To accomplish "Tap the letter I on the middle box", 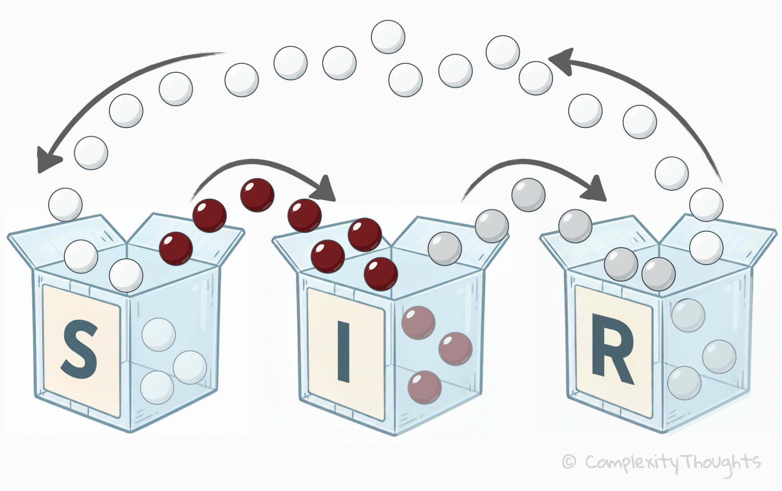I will [343, 353].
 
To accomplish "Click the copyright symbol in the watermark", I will [568, 462].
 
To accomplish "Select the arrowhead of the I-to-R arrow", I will [597, 189].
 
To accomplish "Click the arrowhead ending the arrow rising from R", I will [561, 60].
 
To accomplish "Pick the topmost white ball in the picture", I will [388, 37].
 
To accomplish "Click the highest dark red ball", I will [257, 195].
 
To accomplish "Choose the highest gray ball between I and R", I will [528, 195].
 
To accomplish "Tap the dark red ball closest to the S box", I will [176, 249].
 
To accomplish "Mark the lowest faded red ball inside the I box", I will [424, 387].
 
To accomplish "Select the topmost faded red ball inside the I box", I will [418, 322].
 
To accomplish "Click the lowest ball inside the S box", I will [157, 387].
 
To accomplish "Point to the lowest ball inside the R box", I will [684, 383].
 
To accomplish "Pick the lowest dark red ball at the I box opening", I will [381, 274].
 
